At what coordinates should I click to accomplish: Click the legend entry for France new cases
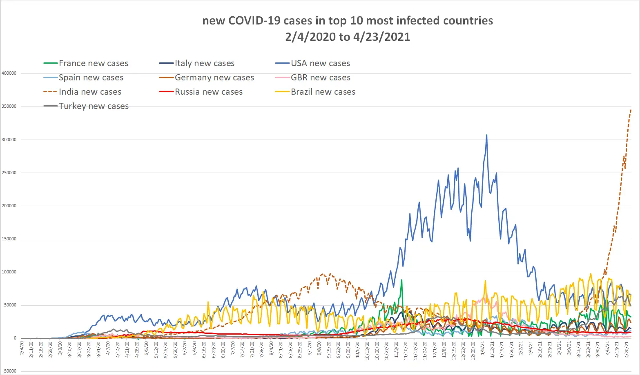[x=93, y=63]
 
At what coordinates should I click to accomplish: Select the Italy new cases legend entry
[x=204, y=63]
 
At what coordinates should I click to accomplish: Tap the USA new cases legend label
[x=320, y=63]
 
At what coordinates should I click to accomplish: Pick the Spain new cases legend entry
[x=91, y=78]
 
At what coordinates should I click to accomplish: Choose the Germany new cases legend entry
[x=214, y=78]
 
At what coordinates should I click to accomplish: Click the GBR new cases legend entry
[x=320, y=78]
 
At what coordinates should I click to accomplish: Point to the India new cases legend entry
[x=90, y=92]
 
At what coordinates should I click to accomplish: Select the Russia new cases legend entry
[x=208, y=92]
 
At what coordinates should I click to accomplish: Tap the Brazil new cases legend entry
[x=323, y=92]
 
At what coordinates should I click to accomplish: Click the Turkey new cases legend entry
[x=94, y=106]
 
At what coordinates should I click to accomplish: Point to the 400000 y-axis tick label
[x=9, y=73]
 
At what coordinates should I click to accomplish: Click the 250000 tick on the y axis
[x=9, y=173]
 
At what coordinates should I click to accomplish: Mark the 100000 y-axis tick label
[x=9, y=272]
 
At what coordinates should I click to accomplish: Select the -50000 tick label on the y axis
[x=9, y=371]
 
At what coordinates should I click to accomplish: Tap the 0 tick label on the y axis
[x=15, y=338]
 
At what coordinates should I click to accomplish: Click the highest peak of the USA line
[x=486, y=135]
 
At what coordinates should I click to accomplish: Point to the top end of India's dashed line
[x=631, y=109]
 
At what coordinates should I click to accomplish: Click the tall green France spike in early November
[x=402, y=280]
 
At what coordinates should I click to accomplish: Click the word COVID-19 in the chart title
[x=254, y=21]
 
